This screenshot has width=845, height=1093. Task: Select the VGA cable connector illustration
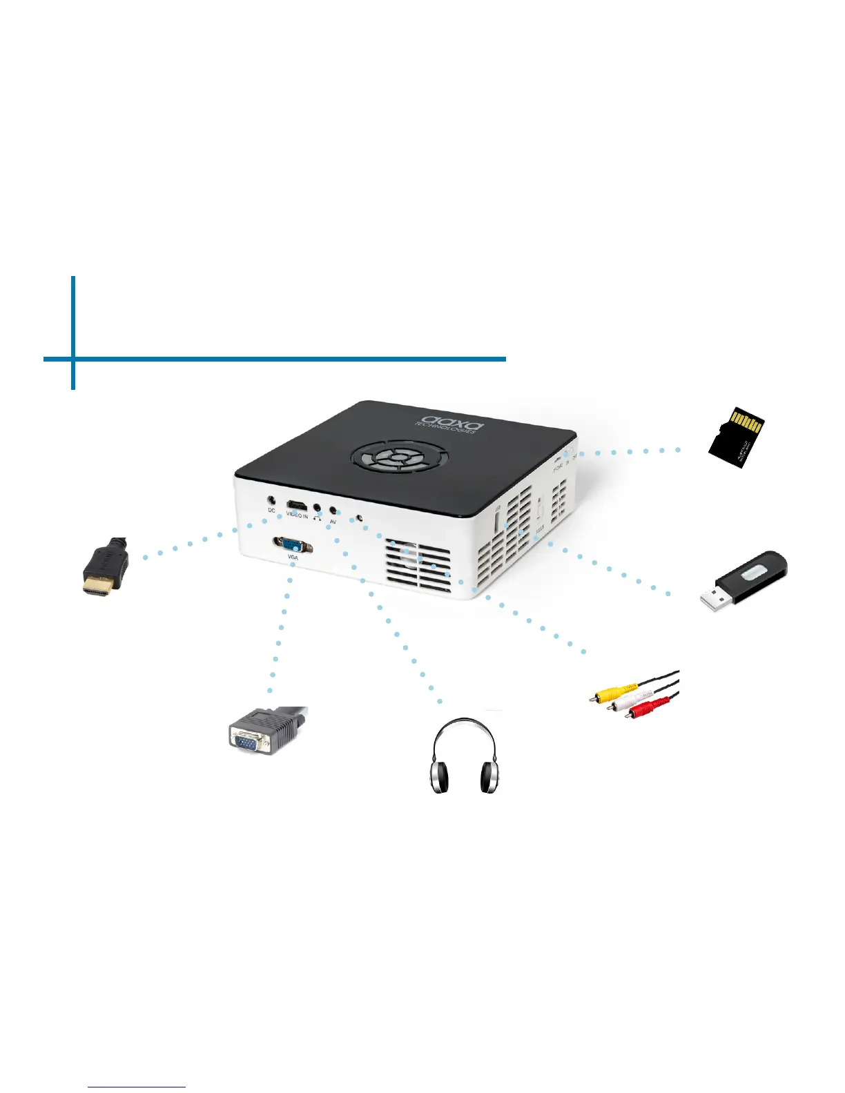pos(266,733)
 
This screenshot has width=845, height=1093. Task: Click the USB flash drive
pos(744,580)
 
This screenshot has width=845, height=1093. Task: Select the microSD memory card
pos(737,437)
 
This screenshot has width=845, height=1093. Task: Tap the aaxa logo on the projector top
pos(449,422)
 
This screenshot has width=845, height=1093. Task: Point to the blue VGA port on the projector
pos(293,544)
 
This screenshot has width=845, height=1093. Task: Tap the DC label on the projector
pos(271,511)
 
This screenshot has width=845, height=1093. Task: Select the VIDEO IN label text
pos(298,515)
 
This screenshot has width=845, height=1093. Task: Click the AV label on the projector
pos(333,522)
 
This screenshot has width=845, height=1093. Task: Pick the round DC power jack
pos(271,500)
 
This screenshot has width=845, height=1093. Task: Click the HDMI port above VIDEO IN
pos(297,505)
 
